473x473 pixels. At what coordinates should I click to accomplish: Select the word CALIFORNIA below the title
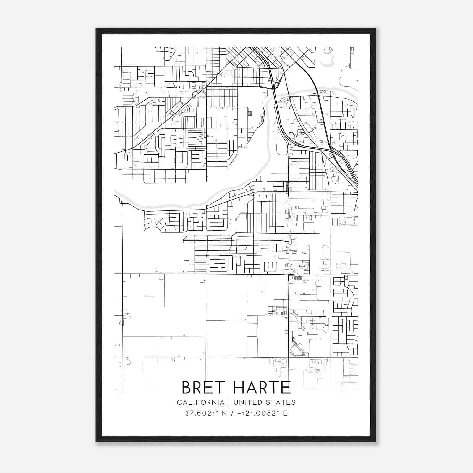[200, 402]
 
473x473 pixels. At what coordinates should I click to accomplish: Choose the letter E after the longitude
[285, 413]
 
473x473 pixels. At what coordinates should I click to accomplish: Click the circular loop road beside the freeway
[291, 136]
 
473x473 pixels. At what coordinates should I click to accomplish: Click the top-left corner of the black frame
[96, 29]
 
